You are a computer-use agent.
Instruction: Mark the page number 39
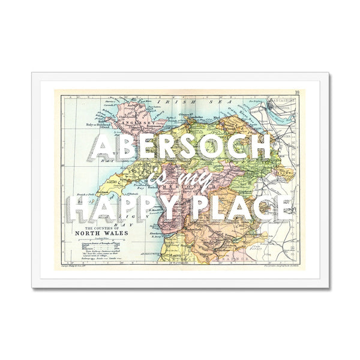point(297,92)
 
